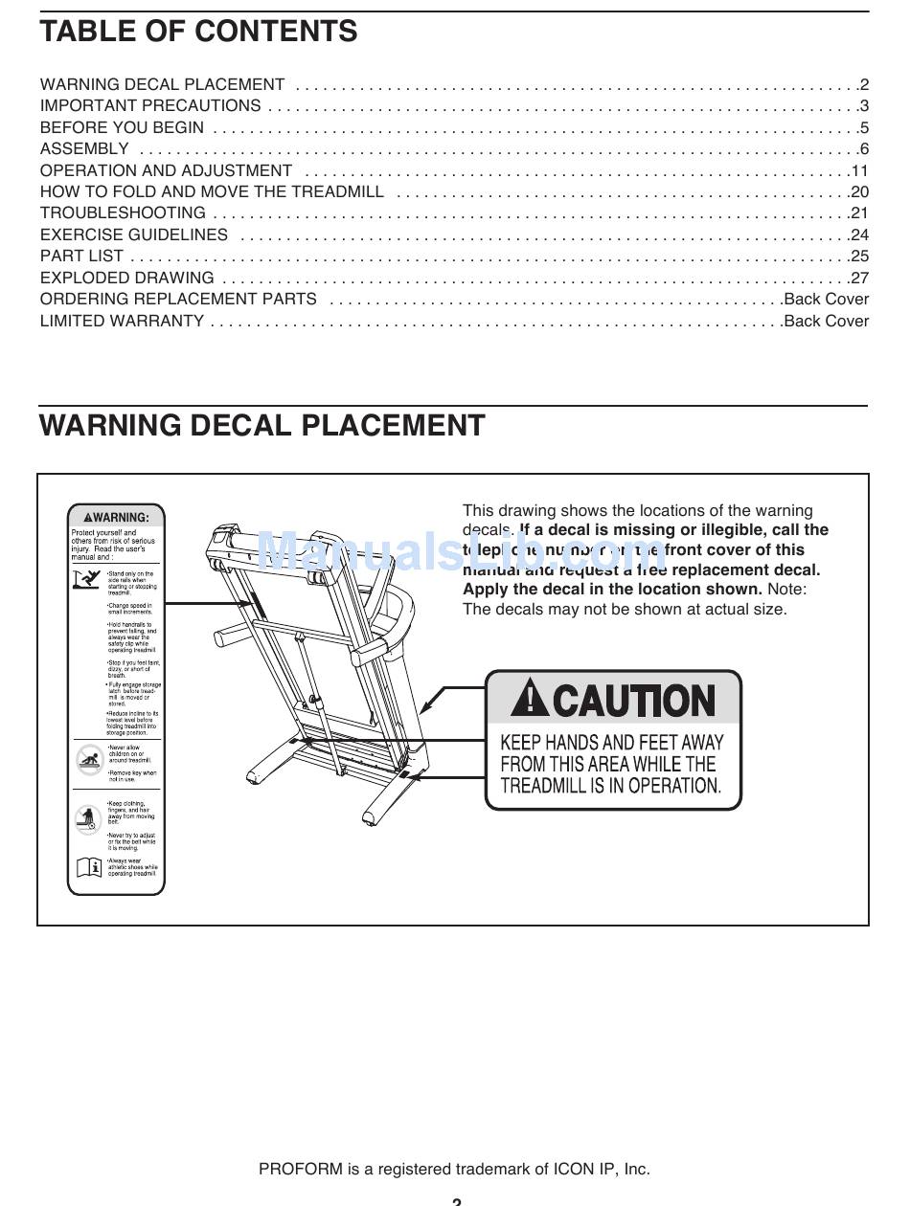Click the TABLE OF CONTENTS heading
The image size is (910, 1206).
198,32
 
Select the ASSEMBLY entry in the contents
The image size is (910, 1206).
84,148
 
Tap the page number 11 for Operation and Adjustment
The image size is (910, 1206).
859,170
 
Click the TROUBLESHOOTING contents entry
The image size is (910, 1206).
123,212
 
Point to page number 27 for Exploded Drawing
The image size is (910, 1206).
859,278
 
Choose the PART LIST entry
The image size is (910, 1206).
81,256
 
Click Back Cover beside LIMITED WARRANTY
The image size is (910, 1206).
826,321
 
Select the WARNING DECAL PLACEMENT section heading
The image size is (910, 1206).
262,425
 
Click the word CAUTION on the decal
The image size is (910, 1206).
633,702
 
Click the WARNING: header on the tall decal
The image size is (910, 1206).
116,517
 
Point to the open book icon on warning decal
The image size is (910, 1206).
88,867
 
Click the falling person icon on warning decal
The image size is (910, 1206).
87,579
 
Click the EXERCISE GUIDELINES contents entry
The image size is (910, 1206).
134,234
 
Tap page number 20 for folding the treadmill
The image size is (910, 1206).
859,191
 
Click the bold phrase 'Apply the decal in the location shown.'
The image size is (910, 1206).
612,589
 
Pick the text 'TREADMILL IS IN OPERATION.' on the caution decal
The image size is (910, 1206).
610,786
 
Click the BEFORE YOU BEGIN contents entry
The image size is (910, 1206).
122,127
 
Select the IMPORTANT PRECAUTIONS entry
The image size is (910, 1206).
150,105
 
